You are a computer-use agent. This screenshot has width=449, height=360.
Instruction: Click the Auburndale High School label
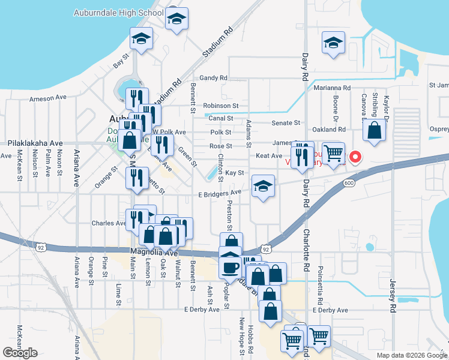coord(118,13)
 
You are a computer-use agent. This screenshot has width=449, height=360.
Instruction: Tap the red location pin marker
coord(355,158)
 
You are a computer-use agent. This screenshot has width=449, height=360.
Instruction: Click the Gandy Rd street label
coord(214,78)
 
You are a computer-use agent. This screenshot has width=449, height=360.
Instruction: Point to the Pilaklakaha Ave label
coord(35,144)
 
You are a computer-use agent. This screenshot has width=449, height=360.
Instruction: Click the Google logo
coord(20,353)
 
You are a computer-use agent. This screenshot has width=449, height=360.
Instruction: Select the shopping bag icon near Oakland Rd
coord(375,130)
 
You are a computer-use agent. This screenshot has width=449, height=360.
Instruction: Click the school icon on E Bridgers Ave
coord(263,187)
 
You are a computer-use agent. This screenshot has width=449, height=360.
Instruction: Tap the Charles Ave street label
coord(108,223)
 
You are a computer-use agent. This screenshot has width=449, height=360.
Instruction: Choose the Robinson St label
coord(221,105)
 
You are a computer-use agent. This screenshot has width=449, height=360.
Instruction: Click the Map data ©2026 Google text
coord(412,355)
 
